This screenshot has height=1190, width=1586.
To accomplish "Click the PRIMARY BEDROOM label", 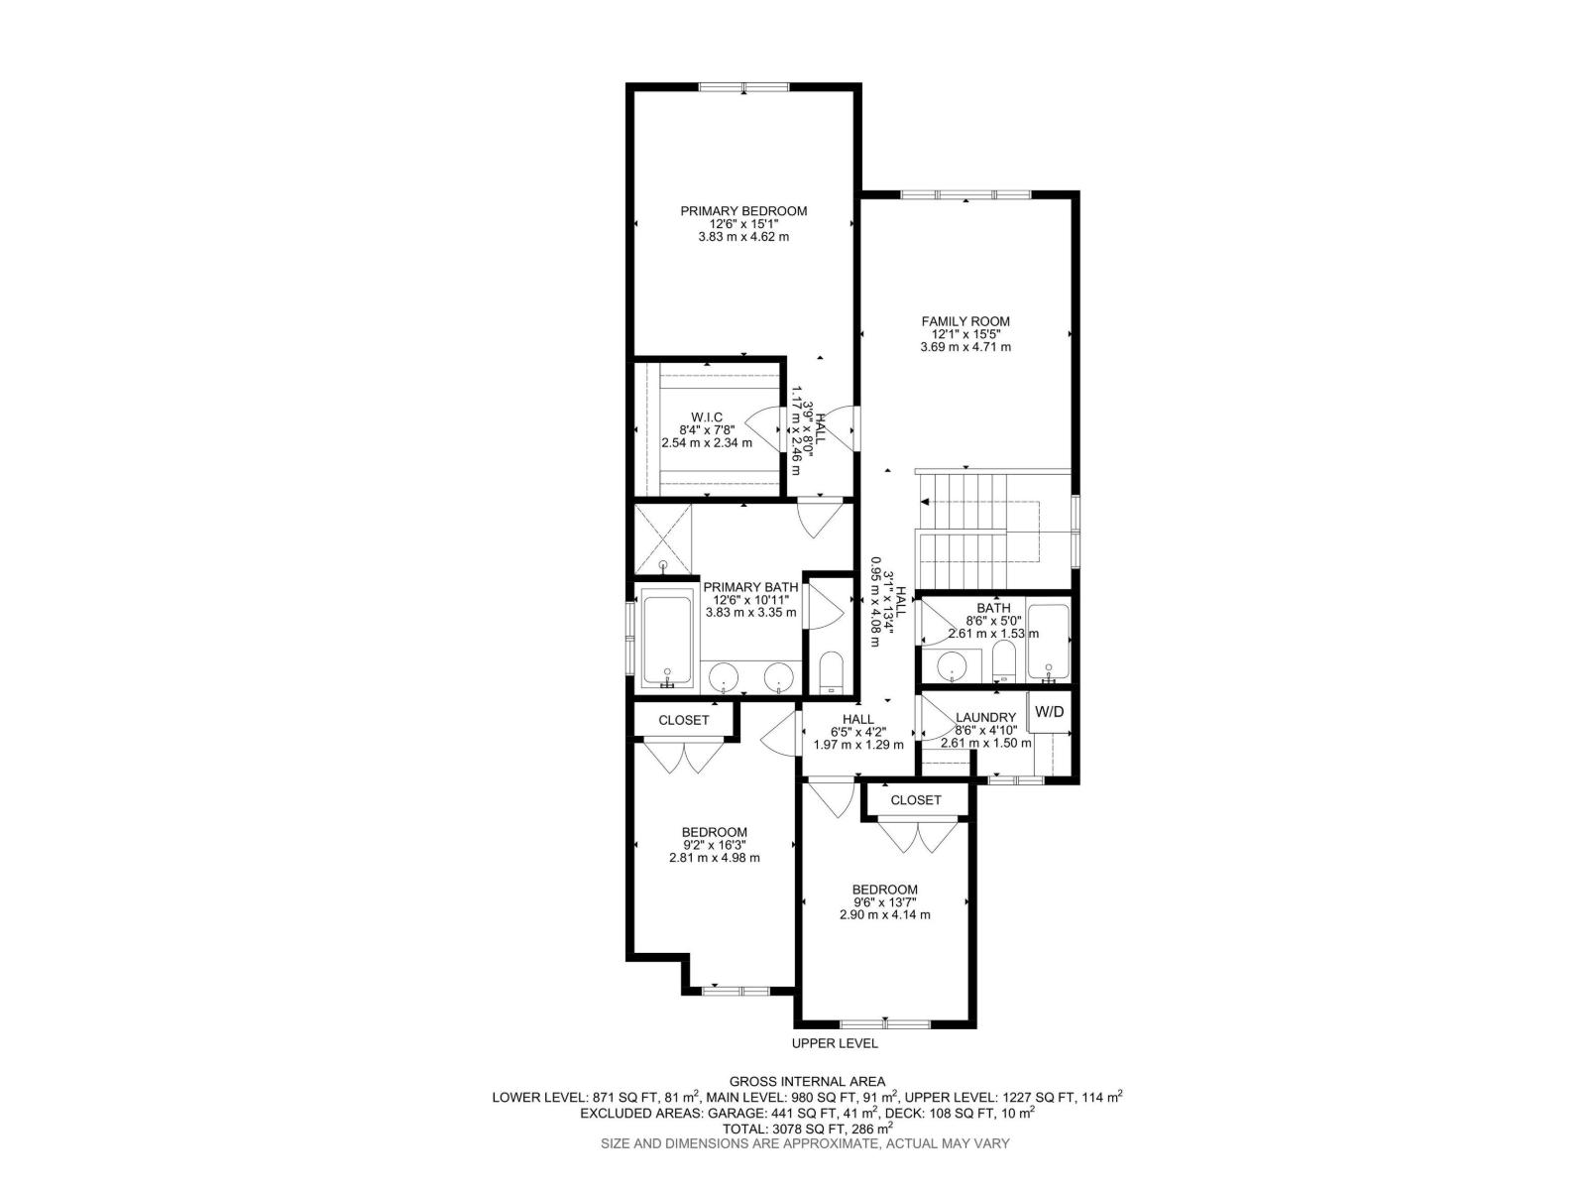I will [x=743, y=211].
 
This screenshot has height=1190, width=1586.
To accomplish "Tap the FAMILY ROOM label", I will [x=965, y=321].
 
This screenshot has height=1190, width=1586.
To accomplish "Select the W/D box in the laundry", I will [x=1049, y=712].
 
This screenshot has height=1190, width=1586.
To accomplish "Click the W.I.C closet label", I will [x=707, y=417].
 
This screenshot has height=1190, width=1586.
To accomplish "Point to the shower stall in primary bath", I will [x=663, y=539].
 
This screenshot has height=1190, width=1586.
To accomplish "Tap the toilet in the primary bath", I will [x=831, y=671].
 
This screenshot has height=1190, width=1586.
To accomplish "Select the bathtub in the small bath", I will [x=1048, y=641].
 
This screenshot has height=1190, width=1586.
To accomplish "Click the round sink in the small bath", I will [x=953, y=666].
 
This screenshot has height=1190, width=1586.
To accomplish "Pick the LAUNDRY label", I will [x=985, y=718].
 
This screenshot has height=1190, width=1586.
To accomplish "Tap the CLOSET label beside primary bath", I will [x=684, y=720].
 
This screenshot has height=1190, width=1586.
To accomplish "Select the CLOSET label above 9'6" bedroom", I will [x=916, y=799].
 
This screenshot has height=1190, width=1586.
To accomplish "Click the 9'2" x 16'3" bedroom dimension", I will [x=714, y=845].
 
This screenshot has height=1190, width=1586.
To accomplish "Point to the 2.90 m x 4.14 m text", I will [x=884, y=915].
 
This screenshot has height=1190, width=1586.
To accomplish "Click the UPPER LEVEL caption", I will [x=835, y=1043].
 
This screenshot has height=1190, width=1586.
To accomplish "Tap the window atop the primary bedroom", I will [x=744, y=87].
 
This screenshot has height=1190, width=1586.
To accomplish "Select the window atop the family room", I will [x=965, y=194].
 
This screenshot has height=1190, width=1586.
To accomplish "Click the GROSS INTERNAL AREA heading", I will [x=807, y=1081].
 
